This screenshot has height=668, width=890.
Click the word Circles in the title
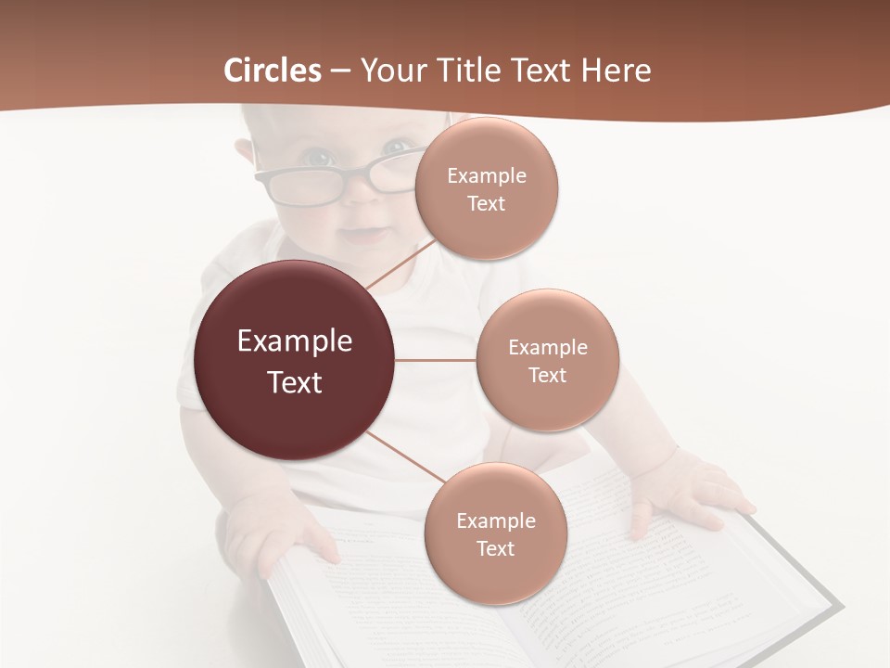click(273, 71)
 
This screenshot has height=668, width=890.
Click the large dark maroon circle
click(295, 360)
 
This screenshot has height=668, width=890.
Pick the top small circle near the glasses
click(486, 188)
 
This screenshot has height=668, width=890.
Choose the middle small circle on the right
click(547, 360)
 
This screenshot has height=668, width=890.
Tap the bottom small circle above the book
click(495, 533)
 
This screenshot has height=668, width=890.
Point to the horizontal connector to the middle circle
click(436, 360)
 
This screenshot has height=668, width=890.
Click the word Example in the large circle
click(295, 340)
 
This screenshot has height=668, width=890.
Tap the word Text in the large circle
click(295, 381)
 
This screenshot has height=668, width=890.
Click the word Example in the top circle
click(487, 175)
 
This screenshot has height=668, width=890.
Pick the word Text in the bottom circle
click(495, 548)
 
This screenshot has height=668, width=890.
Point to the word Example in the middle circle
click(548, 347)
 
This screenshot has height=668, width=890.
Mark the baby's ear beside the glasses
click(244, 154)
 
